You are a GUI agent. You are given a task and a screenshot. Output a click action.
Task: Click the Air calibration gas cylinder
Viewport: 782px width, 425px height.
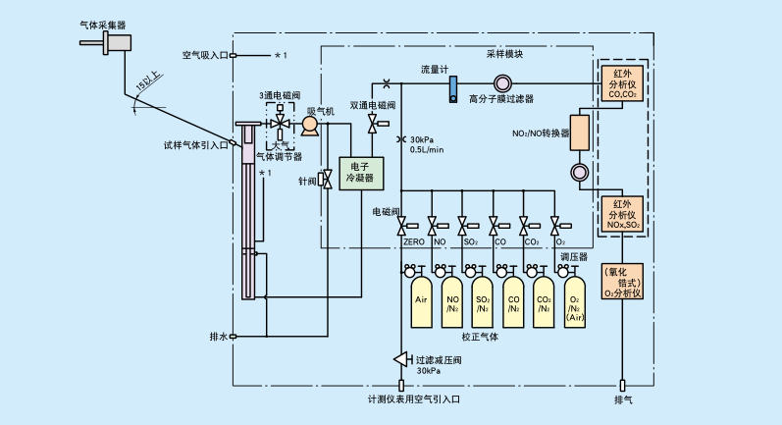420,299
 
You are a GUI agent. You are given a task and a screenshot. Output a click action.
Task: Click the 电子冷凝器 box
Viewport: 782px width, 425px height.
360,173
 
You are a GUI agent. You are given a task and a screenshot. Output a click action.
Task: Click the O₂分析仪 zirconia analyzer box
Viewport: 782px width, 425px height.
622,281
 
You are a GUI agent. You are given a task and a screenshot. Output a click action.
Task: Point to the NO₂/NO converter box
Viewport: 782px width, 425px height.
578,133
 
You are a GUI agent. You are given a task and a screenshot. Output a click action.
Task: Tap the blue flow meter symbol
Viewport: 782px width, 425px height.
452,89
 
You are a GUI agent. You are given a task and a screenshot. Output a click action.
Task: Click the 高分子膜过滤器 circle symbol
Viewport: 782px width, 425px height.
500,82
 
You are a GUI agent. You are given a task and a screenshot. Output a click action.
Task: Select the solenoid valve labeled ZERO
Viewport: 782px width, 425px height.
404,225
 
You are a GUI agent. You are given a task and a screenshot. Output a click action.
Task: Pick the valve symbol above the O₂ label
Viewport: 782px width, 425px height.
555,225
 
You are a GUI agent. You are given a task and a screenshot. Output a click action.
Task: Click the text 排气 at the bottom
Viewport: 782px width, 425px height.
623,400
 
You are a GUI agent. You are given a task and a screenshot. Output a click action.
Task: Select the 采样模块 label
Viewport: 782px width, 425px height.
504,56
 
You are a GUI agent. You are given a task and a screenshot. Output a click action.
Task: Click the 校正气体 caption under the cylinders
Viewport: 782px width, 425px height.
481,337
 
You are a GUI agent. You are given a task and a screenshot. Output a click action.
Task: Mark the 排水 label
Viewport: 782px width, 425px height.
217,337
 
